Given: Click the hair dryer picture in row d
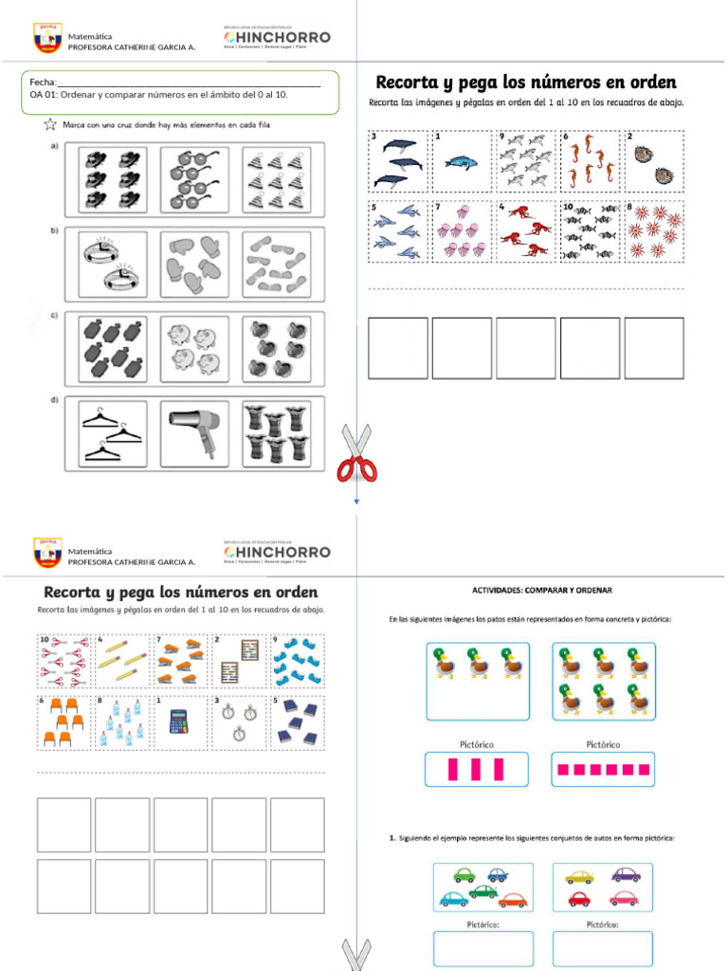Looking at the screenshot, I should pos(193,433).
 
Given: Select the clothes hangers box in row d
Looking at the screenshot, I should pos(113,433).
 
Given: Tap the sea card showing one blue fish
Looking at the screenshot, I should pos(462,162).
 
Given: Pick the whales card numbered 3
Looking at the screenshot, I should pos(397,162).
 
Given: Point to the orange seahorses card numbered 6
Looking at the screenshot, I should pos(589,162).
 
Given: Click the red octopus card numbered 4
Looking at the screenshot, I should pos(524,230).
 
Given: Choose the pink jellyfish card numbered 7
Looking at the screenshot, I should pos(462,230).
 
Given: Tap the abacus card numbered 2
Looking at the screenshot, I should pos(239,661).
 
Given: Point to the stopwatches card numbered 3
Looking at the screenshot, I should pos(239,722).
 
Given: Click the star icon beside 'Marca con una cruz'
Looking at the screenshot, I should pos(49,124).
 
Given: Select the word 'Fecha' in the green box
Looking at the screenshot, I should pos(43,82).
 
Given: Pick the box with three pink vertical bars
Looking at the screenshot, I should pos(475,769).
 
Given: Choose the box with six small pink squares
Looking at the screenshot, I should pos(603,769).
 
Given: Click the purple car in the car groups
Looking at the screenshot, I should pos(625,875).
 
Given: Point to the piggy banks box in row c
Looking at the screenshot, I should pos(193,348).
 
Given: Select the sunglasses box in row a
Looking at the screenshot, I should pos(193,177).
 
